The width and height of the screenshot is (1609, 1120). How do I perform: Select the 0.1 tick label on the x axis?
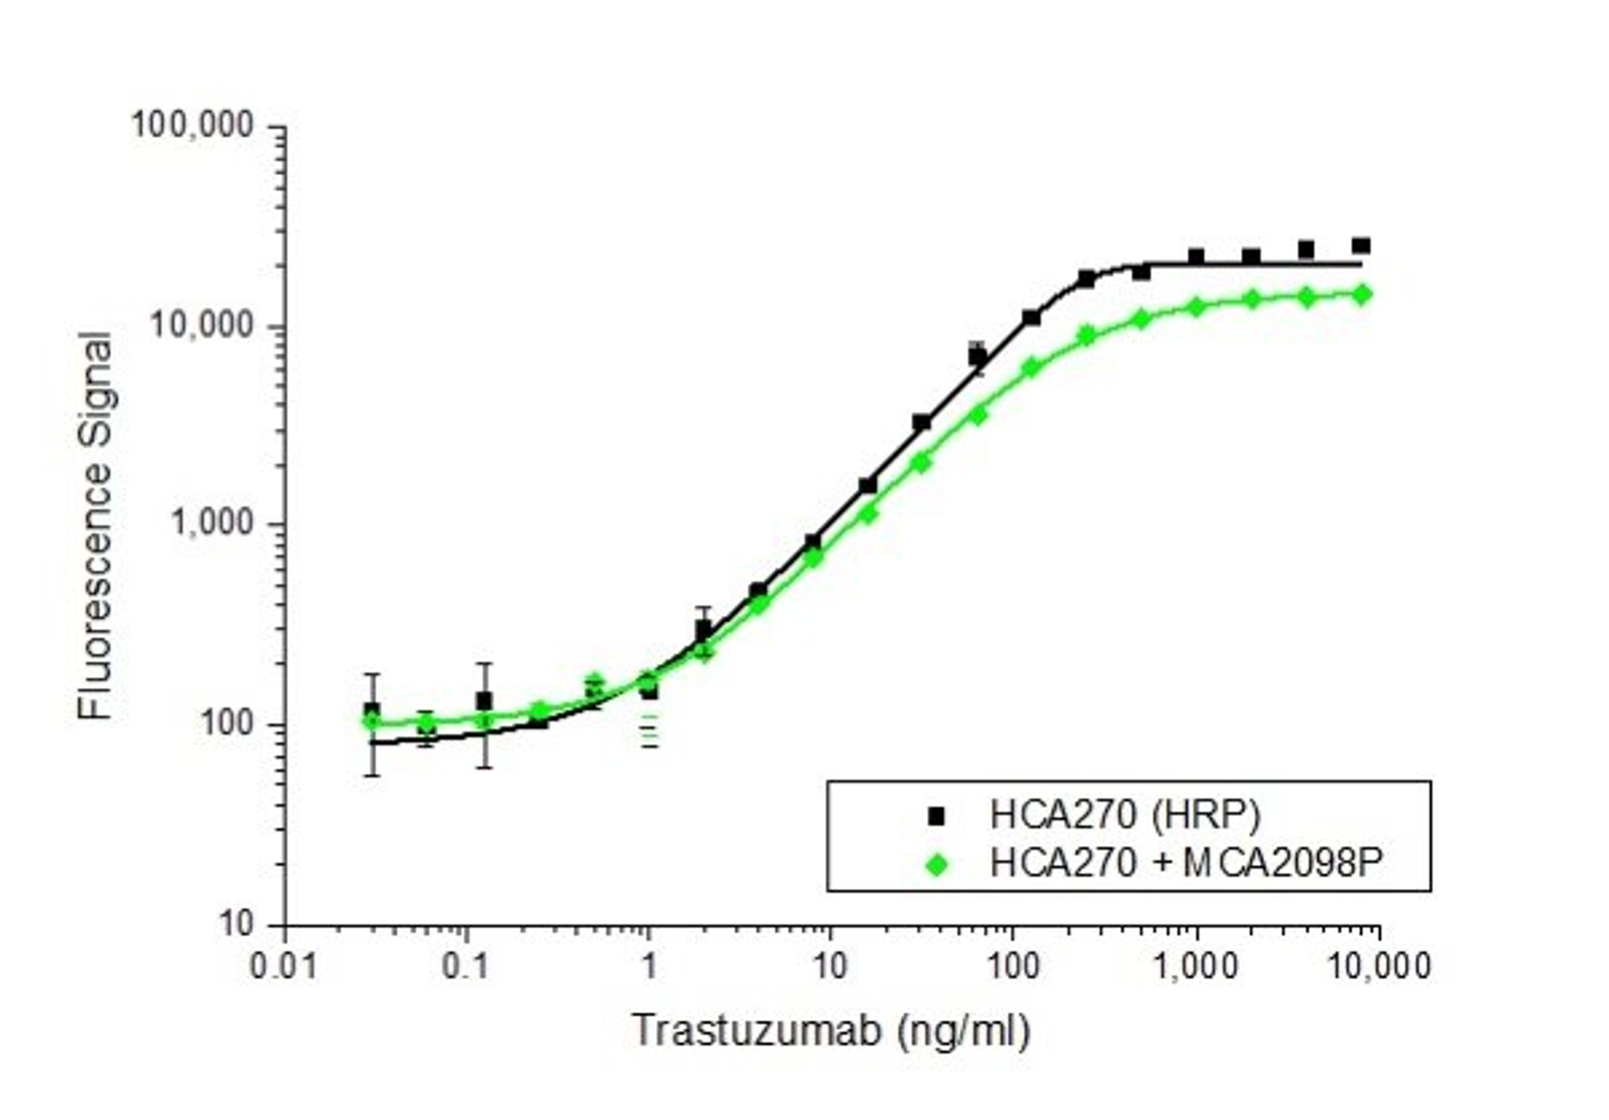tap(467, 967)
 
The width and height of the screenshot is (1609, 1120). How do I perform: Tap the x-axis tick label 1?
tap(649, 967)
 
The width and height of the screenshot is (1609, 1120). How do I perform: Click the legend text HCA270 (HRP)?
tap(1125, 815)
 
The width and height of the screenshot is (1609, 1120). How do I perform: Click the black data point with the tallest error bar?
tap(484, 700)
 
